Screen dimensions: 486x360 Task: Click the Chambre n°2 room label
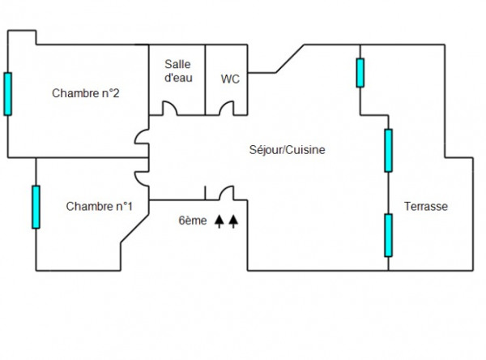tap(86, 93)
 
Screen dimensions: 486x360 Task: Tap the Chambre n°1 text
tap(99, 207)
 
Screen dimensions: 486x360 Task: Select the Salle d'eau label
tap(178, 71)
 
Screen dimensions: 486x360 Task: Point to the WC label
tap(230, 79)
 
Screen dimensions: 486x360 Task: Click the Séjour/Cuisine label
tap(288, 150)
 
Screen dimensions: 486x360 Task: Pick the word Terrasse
tap(426, 207)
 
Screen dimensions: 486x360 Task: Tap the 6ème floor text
tap(193, 221)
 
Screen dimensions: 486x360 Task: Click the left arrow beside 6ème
tap(220, 221)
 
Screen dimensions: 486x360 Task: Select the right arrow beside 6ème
tap(233, 221)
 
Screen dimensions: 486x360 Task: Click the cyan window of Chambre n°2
tap(8, 94)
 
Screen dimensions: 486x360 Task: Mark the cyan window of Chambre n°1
tap(36, 207)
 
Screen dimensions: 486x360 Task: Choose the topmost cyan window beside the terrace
tap(360, 73)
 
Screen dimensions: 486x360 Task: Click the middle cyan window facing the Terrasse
tap(388, 151)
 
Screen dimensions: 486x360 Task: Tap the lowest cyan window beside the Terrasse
tap(388, 235)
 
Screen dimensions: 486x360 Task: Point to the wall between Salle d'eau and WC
tap(205, 79)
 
